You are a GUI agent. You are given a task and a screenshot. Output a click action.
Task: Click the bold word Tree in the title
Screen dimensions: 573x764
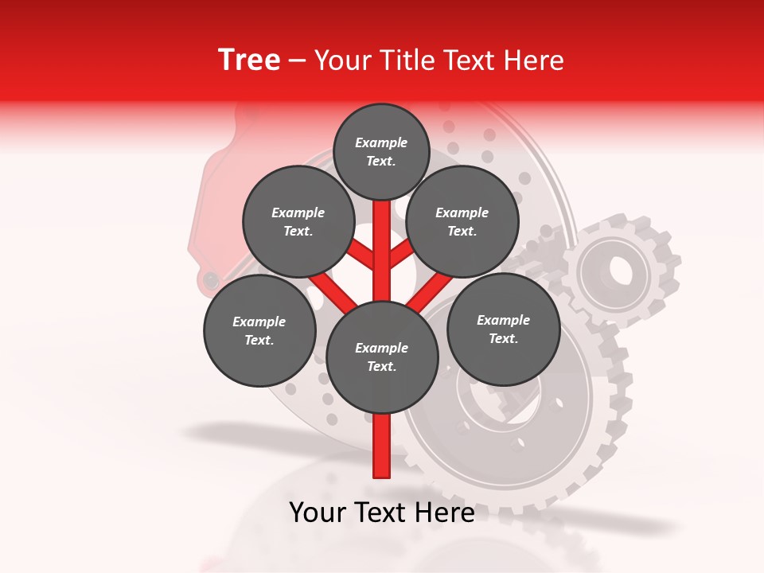click(x=249, y=60)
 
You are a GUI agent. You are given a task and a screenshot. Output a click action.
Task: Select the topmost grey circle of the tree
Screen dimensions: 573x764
click(x=381, y=151)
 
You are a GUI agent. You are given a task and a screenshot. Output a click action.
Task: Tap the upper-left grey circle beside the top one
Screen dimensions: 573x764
click(x=298, y=221)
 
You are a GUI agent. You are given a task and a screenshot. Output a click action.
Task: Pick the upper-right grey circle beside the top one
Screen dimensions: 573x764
click(x=462, y=221)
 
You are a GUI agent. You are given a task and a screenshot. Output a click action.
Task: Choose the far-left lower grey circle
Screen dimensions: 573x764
click(x=259, y=330)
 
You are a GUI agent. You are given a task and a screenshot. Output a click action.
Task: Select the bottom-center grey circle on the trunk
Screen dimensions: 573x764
click(x=382, y=357)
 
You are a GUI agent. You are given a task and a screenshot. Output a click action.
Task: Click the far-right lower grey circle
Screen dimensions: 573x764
click(x=504, y=329)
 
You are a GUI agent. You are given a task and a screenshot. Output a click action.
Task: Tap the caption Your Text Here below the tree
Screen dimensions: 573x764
click(x=382, y=513)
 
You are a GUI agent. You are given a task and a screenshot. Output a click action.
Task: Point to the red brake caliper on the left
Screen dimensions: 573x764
click(x=209, y=207)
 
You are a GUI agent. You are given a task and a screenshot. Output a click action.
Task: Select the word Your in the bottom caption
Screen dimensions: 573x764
click(x=318, y=513)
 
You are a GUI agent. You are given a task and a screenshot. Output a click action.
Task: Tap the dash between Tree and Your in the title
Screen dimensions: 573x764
click(x=297, y=61)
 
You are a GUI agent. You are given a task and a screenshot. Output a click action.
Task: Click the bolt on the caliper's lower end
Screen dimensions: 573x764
click(x=211, y=280)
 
